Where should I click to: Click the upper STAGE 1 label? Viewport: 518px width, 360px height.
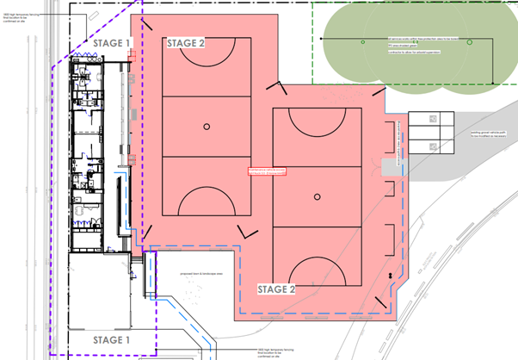tap(111, 43)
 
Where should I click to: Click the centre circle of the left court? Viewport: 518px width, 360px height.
tap(207, 127)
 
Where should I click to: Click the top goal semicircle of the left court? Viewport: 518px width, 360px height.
tap(207, 51)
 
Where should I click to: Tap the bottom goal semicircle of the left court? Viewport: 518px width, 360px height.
tap(207, 202)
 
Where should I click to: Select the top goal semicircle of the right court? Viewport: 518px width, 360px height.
tap(317, 121)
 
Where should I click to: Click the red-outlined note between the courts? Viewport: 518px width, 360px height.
tap(265, 171)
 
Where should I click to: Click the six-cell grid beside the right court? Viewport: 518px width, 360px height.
tap(430, 133)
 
